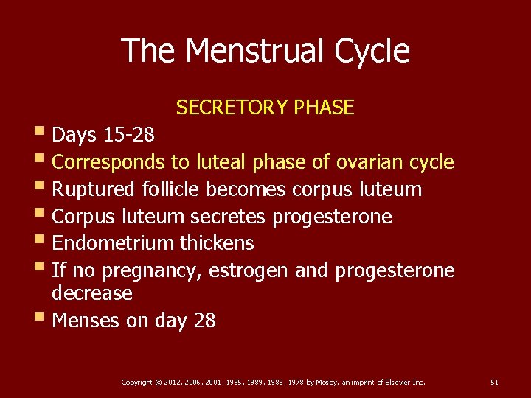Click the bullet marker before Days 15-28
click(40, 133)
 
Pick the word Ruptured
click(94, 189)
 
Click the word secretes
click(229, 217)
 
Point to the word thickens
click(220, 243)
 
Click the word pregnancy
click(152, 271)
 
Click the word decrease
click(92, 293)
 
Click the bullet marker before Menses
click(40, 319)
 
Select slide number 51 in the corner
click(495, 382)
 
